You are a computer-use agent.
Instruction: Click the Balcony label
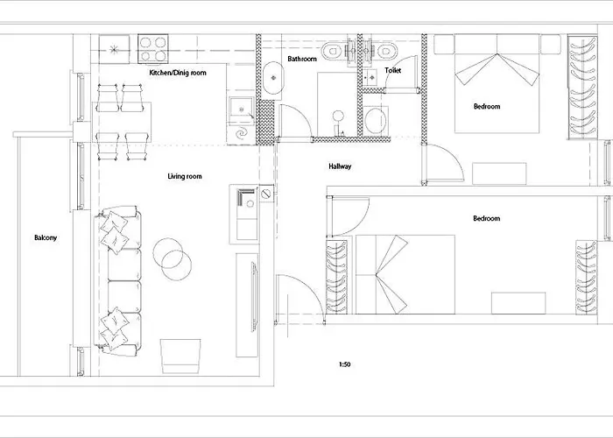(x=46, y=237)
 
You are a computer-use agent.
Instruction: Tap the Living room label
(x=185, y=176)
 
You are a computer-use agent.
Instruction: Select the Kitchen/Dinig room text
(x=178, y=73)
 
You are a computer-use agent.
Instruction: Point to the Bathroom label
(x=302, y=59)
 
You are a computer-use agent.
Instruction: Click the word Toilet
(x=392, y=70)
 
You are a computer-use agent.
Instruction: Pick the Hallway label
(x=340, y=166)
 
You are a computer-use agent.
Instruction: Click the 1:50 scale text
(x=344, y=364)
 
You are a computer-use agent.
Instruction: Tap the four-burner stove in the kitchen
(x=153, y=48)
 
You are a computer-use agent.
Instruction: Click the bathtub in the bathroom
(x=273, y=78)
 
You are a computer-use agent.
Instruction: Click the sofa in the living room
(x=117, y=281)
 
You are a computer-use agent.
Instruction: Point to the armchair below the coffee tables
(x=180, y=356)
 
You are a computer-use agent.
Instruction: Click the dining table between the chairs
(x=122, y=122)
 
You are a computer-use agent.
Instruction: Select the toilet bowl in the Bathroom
(x=332, y=51)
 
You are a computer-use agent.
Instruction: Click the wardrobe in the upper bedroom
(x=582, y=88)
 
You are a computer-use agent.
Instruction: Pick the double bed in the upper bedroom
(x=497, y=83)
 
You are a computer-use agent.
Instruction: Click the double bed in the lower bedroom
(x=405, y=274)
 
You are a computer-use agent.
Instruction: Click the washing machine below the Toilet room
(x=376, y=121)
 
